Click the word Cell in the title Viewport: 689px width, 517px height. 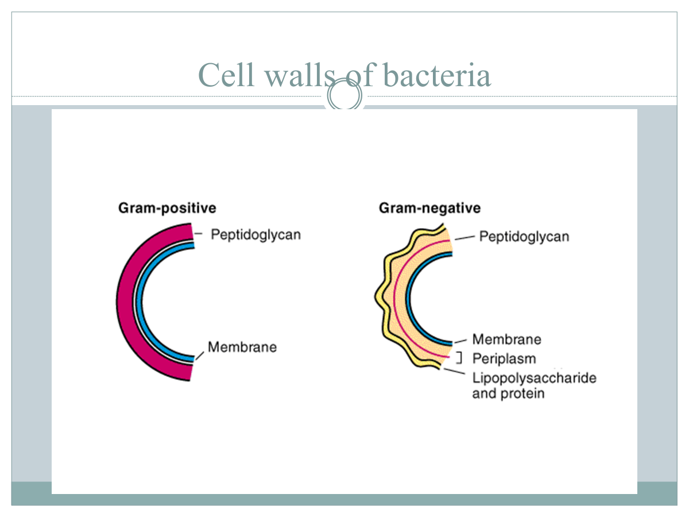pyautogui.click(x=226, y=75)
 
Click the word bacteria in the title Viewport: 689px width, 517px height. pyautogui.click(x=437, y=75)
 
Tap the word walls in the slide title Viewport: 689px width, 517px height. pyautogui.click(x=300, y=75)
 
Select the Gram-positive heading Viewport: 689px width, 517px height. pyautogui.click(x=167, y=209)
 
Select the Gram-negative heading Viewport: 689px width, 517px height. pyautogui.click(x=429, y=208)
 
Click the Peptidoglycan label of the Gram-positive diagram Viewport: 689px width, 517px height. pyautogui.click(x=256, y=235)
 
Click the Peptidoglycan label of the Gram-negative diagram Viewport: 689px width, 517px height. pyautogui.click(x=524, y=237)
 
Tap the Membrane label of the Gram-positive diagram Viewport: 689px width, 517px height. pyautogui.click(x=242, y=347)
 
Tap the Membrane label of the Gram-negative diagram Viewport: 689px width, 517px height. pyautogui.click(x=506, y=339)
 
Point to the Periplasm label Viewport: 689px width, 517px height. pyautogui.click(x=504, y=358)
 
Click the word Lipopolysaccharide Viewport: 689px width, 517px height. pyautogui.click(x=534, y=378)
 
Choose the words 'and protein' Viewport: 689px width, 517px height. pyautogui.click(x=508, y=393)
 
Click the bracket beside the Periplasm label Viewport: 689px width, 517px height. pyautogui.click(x=459, y=358)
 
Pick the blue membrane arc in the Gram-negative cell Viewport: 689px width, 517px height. pyautogui.click(x=408, y=298)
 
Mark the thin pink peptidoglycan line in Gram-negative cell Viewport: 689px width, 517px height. pyautogui.click(x=394, y=298)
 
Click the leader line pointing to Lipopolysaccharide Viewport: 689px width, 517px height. pyautogui.click(x=454, y=371)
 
